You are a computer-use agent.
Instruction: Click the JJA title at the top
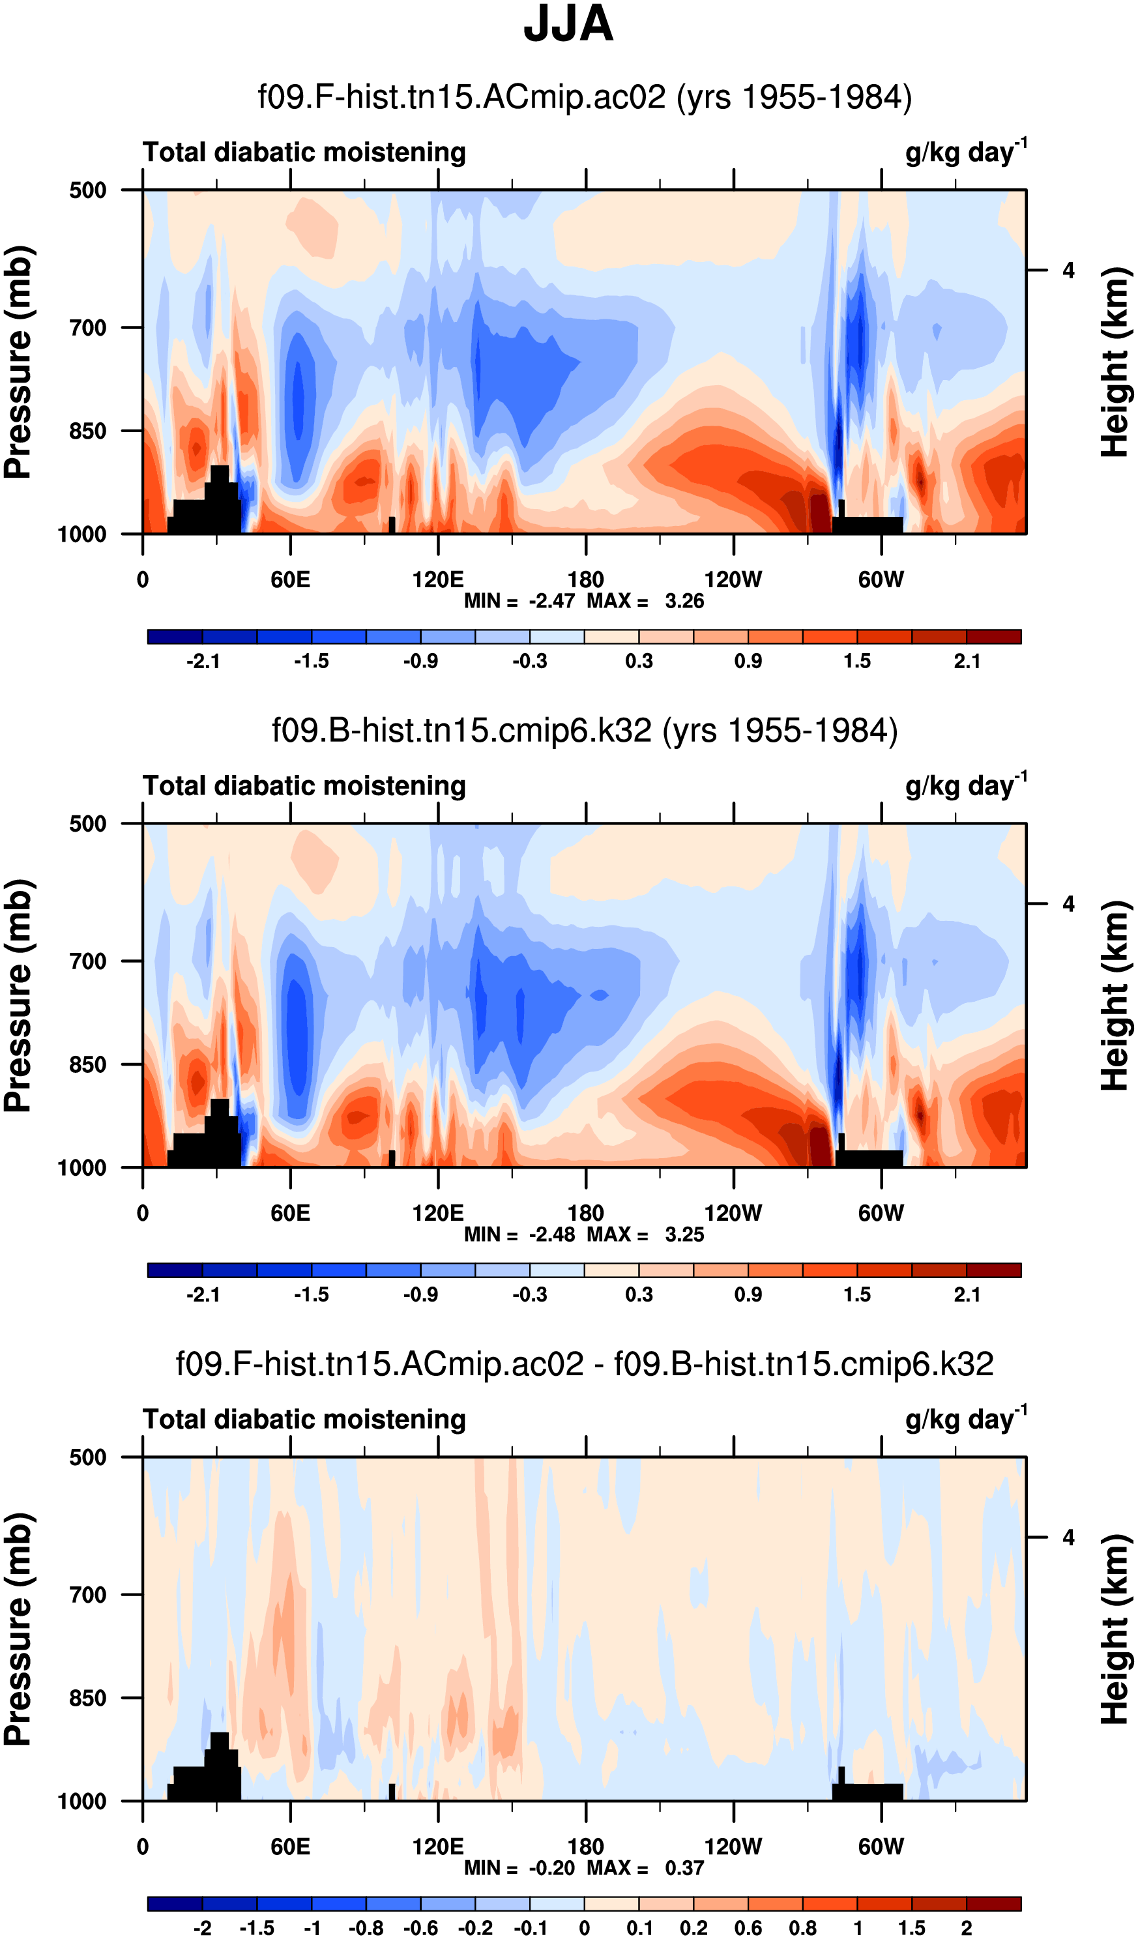tap(568, 25)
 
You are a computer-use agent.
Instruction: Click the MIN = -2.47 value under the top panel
tap(519, 601)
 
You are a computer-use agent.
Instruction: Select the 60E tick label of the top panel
tap(290, 579)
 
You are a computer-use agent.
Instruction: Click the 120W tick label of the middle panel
tap(733, 1214)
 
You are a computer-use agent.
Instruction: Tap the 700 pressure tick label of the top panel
tap(89, 328)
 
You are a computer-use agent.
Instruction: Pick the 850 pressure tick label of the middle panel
tap(89, 1065)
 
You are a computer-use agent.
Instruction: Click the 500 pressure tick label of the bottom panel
tap(89, 1457)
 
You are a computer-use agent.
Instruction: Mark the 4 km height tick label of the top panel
tap(1068, 271)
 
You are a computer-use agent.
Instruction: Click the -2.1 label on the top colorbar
tap(203, 661)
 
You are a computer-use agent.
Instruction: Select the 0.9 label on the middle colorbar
tap(748, 1295)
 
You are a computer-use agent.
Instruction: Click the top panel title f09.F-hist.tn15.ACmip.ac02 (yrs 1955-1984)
tap(584, 98)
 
